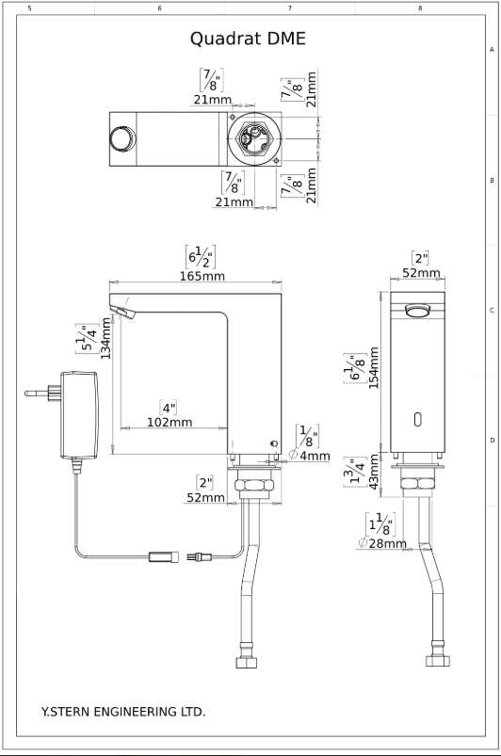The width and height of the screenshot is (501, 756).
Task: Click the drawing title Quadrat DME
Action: click(248, 39)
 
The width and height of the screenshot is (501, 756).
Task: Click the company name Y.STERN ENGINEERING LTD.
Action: click(123, 712)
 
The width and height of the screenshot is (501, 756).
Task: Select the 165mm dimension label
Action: click(202, 276)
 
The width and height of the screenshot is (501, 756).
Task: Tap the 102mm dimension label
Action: click(170, 423)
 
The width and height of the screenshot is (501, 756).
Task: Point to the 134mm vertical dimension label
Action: click(106, 338)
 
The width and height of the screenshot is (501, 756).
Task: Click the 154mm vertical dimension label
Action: click(374, 368)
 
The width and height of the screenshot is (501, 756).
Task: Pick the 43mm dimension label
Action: click(374, 472)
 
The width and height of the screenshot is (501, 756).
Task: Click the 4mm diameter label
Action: click(310, 456)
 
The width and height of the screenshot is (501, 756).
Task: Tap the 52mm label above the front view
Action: click(422, 273)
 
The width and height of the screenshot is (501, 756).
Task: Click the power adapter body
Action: click(79, 415)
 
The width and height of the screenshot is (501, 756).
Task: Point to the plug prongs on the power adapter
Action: click(42, 393)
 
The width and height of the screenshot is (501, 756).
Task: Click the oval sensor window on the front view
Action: click(417, 420)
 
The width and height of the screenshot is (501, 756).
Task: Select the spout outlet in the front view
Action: click(417, 311)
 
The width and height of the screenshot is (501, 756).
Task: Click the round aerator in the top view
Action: click(122, 138)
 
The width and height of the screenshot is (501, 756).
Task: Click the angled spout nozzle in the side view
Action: click(122, 312)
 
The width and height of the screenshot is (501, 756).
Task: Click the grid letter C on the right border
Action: click(492, 310)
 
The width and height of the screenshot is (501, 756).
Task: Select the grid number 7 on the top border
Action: click(290, 8)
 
